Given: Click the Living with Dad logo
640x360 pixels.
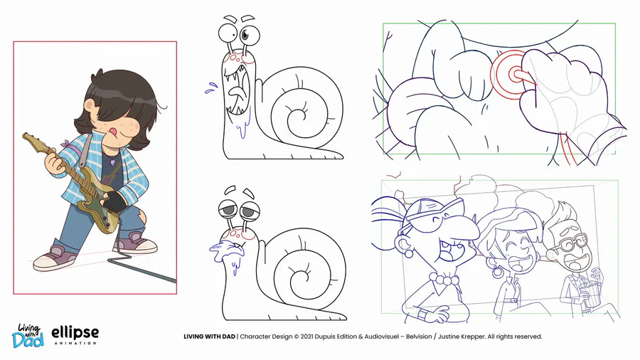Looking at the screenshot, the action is click(28, 336).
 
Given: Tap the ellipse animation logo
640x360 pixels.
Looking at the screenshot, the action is click(75, 336).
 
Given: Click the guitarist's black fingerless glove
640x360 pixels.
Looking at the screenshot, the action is click(114, 201).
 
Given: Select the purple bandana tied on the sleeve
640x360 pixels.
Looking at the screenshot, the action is click(66, 144).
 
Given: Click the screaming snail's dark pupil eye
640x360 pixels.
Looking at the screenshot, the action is click(245, 34).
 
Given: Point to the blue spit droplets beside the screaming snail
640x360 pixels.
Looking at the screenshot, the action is click(211, 88).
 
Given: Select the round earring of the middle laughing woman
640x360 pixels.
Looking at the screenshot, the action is click(497, 272).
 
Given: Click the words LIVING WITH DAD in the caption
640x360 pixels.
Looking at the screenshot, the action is click(209, 337).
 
